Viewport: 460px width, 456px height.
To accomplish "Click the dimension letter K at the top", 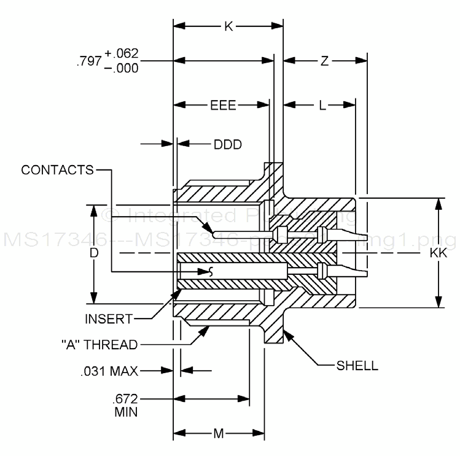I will pos(228,27).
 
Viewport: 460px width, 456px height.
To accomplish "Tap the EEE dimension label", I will pos(224,105).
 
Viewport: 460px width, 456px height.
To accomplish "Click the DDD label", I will pos(228,145).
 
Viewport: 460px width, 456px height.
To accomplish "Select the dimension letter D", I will pos(93,253).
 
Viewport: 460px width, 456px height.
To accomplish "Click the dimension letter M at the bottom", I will pos(219,434).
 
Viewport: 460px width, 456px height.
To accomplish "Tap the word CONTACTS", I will pos(57,169).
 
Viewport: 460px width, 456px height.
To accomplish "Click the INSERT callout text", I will pos(108,319).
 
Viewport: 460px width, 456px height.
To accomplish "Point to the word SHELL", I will pos(357,366).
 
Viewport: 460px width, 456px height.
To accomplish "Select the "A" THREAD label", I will pos(99,344).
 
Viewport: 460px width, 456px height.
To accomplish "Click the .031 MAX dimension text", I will pos(109,371).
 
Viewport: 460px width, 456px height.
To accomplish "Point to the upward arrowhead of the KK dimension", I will pos(439,202).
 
